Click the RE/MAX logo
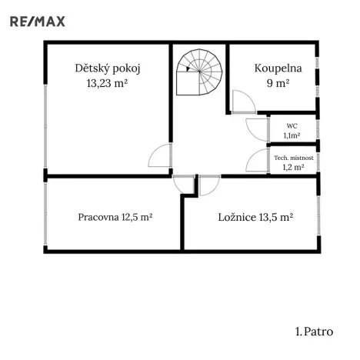37,21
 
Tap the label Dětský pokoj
107,68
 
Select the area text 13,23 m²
107,83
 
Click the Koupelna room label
278,68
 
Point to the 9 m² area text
278,83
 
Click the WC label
292,125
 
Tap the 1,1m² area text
292,135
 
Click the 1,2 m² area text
292,166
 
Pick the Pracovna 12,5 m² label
115,218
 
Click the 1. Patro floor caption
314,332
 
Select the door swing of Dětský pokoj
159,159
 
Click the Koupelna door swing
242,102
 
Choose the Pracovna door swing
185,184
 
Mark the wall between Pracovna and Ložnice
182,223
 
